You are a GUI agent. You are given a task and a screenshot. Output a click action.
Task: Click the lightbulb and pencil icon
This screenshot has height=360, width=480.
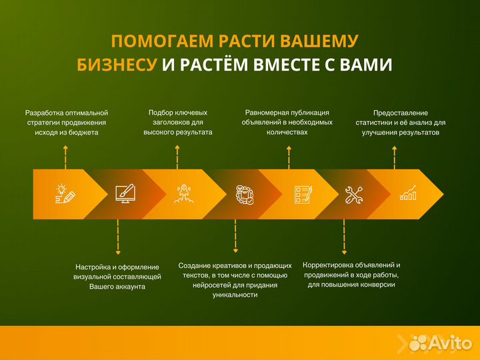[65, 194]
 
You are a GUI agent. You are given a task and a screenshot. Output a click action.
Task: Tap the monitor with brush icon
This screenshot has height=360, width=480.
[125, 194]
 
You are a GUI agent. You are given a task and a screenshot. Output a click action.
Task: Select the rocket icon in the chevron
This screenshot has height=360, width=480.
[184, 194]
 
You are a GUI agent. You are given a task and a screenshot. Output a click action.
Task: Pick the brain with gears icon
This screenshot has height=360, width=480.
[244, 194]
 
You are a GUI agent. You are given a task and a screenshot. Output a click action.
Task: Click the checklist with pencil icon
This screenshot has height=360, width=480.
[303, 194]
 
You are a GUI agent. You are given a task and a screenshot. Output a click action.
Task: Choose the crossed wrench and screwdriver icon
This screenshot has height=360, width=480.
[353, 194]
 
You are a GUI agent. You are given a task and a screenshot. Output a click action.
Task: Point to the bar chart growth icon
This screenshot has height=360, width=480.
[408, 194]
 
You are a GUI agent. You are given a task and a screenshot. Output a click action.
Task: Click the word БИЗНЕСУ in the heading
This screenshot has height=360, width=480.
[117, 65]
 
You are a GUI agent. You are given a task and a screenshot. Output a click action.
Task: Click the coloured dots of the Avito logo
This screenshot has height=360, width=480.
[417, 343]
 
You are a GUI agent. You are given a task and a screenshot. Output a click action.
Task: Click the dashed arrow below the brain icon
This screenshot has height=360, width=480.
[235, 237]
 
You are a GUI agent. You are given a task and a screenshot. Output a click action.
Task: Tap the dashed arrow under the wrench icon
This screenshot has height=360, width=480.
[344, 237]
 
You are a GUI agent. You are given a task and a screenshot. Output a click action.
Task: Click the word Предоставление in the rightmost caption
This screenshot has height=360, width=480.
[401, 113]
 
